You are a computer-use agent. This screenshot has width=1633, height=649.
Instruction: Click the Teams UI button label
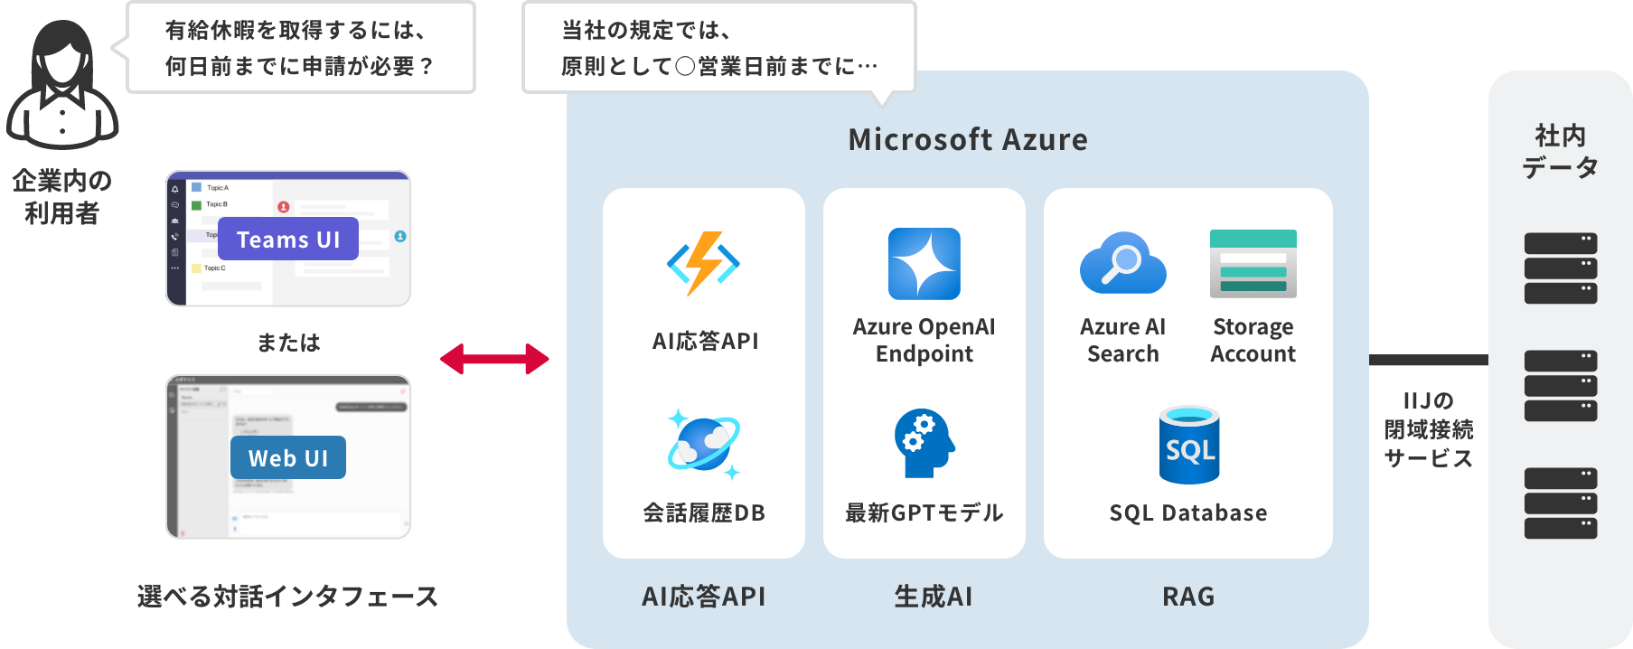point(288,240)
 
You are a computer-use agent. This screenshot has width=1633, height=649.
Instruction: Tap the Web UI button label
point(288,458)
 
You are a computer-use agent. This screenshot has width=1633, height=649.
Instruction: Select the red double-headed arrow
point(494,359)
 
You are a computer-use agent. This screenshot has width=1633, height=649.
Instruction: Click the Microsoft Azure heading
point(968,140)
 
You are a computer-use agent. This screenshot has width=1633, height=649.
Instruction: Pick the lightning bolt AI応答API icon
point(703,263)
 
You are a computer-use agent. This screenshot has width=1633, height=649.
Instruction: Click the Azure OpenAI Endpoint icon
point(924,263)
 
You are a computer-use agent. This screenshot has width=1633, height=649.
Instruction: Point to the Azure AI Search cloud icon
point(1122,263)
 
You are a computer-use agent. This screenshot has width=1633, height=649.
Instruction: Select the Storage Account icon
point(1253,263)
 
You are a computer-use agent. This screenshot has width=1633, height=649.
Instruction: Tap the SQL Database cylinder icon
point(1188,445)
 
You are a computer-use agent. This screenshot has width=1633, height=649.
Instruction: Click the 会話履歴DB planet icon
point(703,444)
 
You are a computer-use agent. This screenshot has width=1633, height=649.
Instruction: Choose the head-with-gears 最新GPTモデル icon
point(924,443)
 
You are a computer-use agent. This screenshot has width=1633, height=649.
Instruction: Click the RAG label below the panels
point(1188,597)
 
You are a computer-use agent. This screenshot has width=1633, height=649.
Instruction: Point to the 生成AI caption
point(933,597)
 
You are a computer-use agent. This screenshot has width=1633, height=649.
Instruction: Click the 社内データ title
point(1560,151)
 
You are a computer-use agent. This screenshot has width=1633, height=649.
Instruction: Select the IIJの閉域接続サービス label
point(1428,429)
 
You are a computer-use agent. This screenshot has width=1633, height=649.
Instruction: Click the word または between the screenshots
point(288,343)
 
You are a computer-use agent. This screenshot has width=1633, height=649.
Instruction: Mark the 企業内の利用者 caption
point(61,197)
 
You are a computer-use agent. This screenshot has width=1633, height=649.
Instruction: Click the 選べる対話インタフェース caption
point(287,597)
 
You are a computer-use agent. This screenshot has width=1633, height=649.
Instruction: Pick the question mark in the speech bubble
point(427,67)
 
